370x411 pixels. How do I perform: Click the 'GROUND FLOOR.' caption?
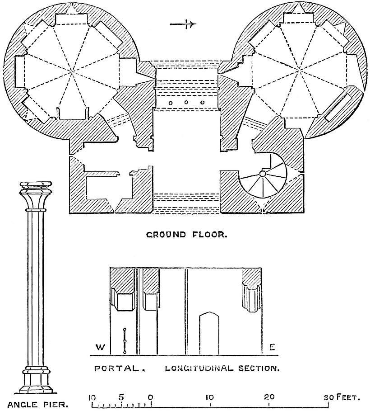click(186, 235)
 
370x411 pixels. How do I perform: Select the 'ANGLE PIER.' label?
click(36, 404)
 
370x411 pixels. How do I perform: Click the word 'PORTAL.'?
click(119, 368)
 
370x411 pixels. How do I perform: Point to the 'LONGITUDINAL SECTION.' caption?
click(222, 368)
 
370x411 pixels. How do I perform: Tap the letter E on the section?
click(272, 347)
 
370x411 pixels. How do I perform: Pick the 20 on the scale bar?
click(269, 397)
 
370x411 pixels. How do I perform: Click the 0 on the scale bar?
click(150, 397)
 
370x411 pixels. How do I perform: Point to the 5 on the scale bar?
click(121, 397)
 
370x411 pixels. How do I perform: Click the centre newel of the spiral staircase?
click(262, 174)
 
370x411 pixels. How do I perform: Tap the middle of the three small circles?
click(186, 103)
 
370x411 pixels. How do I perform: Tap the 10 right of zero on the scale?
click(210, 397)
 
